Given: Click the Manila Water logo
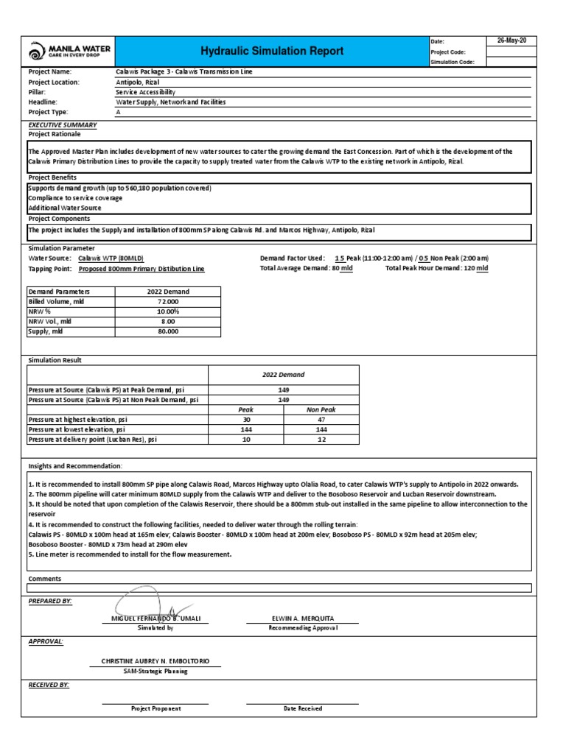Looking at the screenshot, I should [x=70, y=52].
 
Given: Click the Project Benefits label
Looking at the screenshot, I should [x=52, y=177].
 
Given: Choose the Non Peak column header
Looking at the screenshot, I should [x=321, y=409].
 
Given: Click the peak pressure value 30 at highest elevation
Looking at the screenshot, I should [x=246, y=419].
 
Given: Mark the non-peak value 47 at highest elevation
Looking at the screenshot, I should [x=321, y=419].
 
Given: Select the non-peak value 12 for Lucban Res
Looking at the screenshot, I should [x=321, y=439].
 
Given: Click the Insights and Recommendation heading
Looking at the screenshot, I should [x=75, y=467].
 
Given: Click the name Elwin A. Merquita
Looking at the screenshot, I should [x=302, y=619].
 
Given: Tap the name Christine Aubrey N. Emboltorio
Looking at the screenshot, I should [x=155, y=661].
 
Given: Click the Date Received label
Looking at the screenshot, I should [x=302, y=708].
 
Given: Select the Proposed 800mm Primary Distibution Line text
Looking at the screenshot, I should [x=141, y=269].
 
